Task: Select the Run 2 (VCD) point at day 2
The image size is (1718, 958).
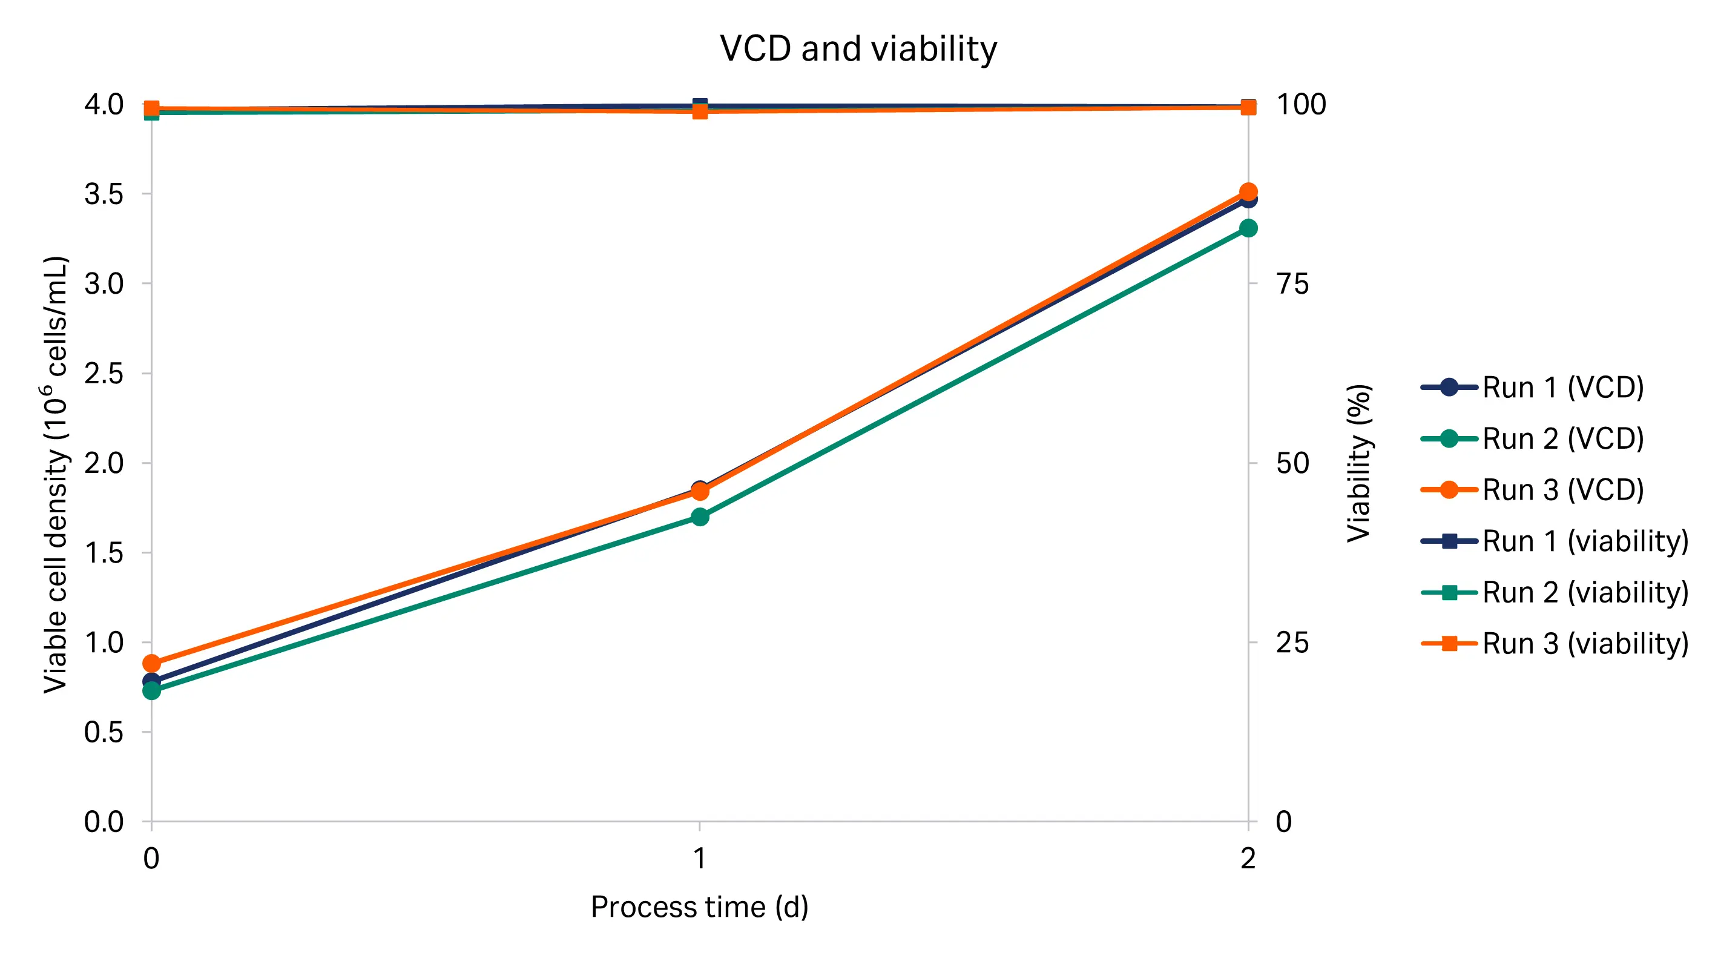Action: coord(1248,228)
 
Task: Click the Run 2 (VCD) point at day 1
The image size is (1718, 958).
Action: coord(700,517)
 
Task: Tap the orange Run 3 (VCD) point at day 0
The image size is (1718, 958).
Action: coord(151,663)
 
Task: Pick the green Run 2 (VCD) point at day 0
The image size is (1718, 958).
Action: coord(151,690)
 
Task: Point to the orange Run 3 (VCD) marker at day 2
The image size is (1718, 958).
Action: coord(1248,192)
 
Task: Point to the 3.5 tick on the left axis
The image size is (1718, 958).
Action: coord(104,194)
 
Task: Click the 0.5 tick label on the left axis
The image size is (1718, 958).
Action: coord(104,733)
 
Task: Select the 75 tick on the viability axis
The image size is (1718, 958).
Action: coord(1292,284)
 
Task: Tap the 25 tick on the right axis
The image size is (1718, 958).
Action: coord(1292,643)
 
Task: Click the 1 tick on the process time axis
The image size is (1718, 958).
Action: coord(699,858)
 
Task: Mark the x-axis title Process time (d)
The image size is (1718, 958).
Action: coord(699,907)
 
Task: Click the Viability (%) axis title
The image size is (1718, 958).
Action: coord(1358,462)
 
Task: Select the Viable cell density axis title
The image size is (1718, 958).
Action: coord(56,474)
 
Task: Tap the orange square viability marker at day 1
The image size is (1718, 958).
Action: coord(700,111)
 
